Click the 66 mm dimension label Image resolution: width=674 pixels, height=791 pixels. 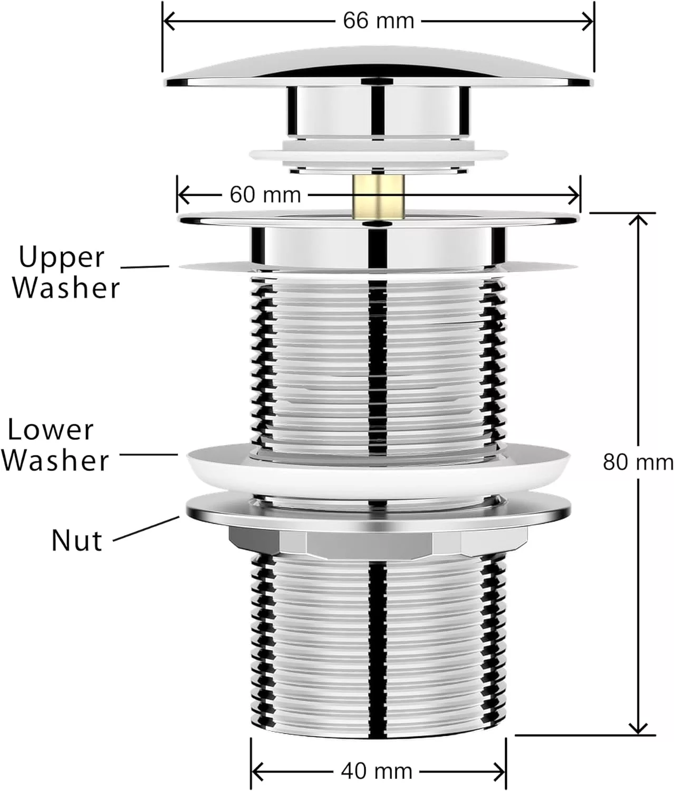pos(378,21)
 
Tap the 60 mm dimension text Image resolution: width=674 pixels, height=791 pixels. pos(265,195)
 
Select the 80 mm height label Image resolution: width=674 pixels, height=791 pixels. pos(638,462)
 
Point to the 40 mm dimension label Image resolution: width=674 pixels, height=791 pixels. pos(376,771)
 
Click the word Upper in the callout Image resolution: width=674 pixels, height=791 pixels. pos(62,258)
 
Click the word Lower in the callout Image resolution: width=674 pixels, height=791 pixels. pos(51,430)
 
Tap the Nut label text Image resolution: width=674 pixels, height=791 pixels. pos(76,541)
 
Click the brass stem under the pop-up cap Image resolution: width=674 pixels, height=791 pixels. pos(377,196)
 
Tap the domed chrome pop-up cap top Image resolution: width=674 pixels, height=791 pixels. pos(378,66)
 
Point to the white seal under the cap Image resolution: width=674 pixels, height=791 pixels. pos(377,155)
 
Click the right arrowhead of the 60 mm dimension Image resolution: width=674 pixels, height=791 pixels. pos(575,195)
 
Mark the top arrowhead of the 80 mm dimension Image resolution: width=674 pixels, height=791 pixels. pos(639,218)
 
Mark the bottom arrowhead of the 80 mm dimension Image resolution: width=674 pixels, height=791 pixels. pos(639,729)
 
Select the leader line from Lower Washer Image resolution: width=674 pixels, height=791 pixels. pos(149,454)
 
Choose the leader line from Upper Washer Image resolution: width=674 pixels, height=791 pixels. pos(145,267)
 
